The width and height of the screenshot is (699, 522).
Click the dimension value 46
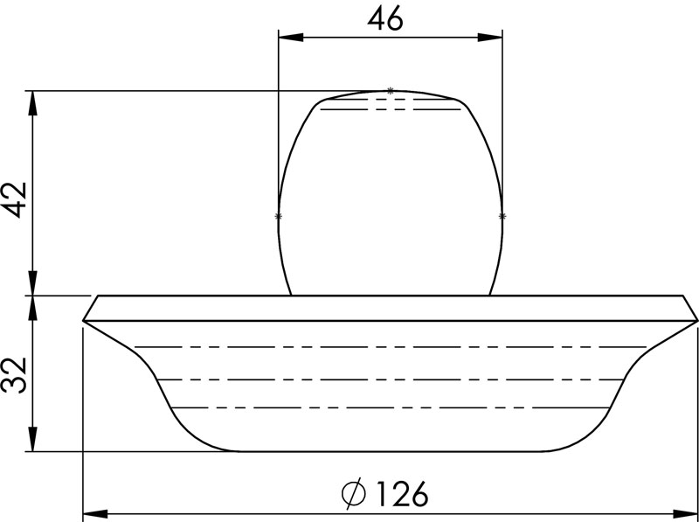(384, 19)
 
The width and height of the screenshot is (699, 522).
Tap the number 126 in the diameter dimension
(400, 495)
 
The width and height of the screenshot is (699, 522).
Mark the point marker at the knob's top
(390, 90)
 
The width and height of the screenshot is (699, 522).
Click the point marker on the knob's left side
(279, 215)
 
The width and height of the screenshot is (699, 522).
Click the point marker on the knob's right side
(502, 215)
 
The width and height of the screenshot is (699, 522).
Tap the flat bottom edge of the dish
(393, 452)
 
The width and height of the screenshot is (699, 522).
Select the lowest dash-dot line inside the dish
(393, 407)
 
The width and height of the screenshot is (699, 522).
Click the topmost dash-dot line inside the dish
(393, 347)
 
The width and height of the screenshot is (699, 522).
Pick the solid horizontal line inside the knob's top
(391, 109)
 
